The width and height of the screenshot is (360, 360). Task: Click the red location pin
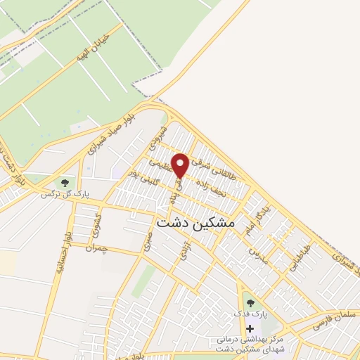(x=180, y=165)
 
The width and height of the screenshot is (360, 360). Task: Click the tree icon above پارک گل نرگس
(x=65, y=183)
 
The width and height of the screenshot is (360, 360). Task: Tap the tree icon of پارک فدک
(x=250, y=303)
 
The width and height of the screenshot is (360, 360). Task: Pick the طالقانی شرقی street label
(x=210, y=159)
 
